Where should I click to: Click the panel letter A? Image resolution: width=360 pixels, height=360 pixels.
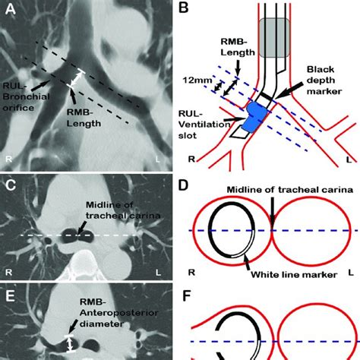[x=11, y=10]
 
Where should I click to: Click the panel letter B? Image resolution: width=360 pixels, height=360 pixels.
[x=191, y=10]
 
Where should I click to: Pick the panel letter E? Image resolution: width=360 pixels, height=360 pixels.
[x=11, y=289]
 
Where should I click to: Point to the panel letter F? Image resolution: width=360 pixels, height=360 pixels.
[x=191, y=289]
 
